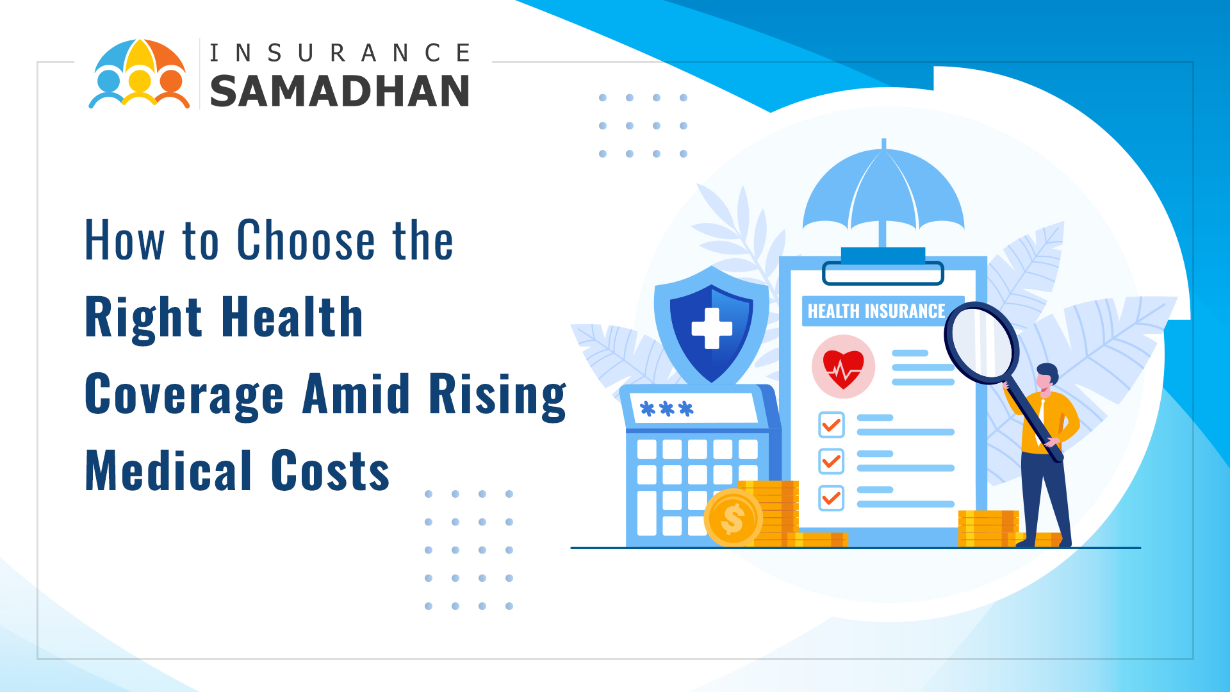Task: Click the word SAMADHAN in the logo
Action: tap(340, 90)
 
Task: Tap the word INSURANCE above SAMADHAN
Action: tap(340, 53)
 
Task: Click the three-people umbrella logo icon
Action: tap(140, 74)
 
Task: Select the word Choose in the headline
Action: tap(305, 240)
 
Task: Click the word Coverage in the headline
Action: tap(184, 395)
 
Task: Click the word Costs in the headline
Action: tap(330, 471)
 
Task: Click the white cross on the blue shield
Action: tap(712, 328)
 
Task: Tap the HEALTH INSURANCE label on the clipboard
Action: tap(876, 311)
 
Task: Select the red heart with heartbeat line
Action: tap(844, 369)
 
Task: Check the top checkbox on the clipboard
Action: tap(832, 425)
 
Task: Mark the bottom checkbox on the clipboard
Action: tap(832, 498)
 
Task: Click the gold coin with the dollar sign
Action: tap(734, 518)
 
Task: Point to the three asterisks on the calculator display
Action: tap(667, 409)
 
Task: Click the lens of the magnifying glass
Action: tap(981, 343)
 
